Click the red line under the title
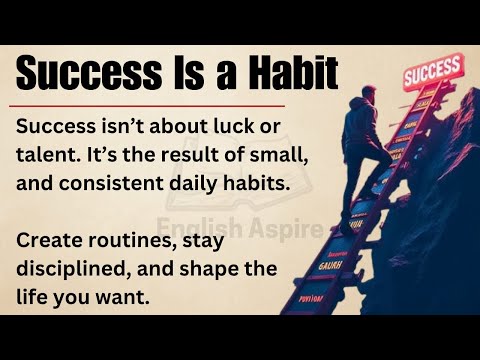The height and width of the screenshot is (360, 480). (x=150, y=103)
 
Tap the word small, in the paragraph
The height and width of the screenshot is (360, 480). (x=274, y=156)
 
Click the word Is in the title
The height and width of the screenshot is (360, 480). (x=187, y=73)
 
